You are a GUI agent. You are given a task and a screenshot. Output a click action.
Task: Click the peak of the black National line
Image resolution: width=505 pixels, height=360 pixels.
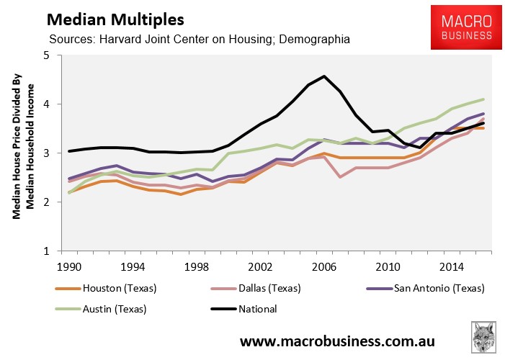[324, 76]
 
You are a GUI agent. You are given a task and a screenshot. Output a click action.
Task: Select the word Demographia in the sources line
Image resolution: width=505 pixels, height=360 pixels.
[313, 39]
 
